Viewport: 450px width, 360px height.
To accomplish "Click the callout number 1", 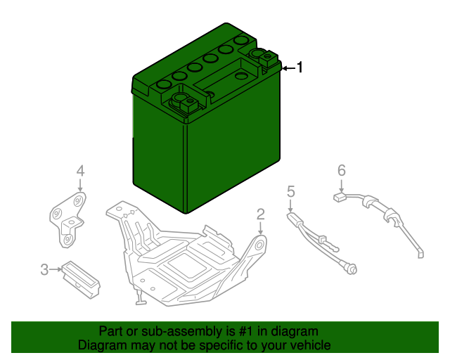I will pyautogui.click(x=300, y=67).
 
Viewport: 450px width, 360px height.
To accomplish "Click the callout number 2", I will pyautogui.click(x=260, y=214).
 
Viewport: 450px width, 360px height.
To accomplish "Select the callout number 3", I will pyautogui.click(x=44, y=269).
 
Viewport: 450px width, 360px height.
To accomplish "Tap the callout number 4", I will pyautogui.click(x=80, y=171).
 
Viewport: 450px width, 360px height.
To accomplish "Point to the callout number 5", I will pyautogui.click(x=290, y=191).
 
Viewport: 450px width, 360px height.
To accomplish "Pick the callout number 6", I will pyautogui.click(x=342, y=170).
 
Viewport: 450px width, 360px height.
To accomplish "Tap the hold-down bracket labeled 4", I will pyautogui.click(x=68, y=218).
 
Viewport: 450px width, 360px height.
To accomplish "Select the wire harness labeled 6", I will pyautogui.click(x=383, y=214).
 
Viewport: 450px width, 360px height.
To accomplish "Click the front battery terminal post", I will pyautogui.click(x=184, y=104).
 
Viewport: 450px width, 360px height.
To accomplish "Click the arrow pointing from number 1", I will pyautogui.click(x=288, y=67).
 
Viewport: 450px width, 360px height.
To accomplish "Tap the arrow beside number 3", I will pyautogui.click(x=56, y=269).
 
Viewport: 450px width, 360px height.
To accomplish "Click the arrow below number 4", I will pyautogui.click(x=80, y=186).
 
